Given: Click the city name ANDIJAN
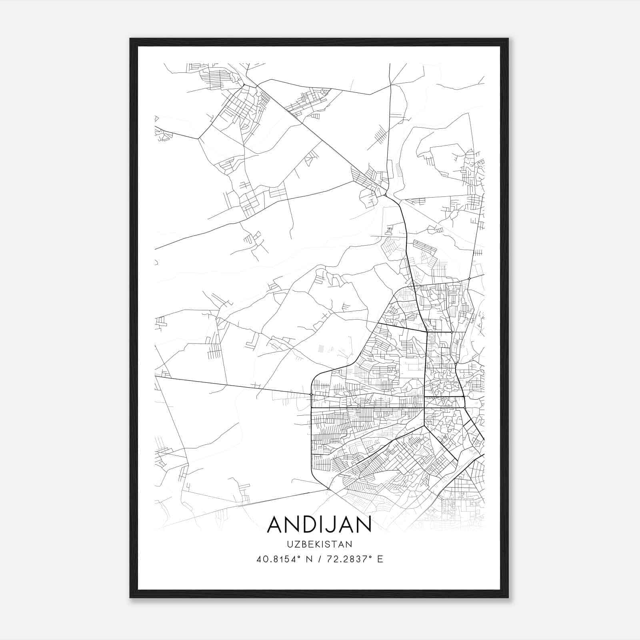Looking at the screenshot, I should [319, 524].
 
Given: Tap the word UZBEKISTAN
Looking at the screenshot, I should [319, 544].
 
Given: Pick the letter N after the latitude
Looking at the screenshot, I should [308, 559].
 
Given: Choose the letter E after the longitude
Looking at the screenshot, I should [380, 559].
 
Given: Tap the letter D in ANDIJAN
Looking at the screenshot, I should [306, 524].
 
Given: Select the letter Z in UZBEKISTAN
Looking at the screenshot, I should [296, 544].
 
